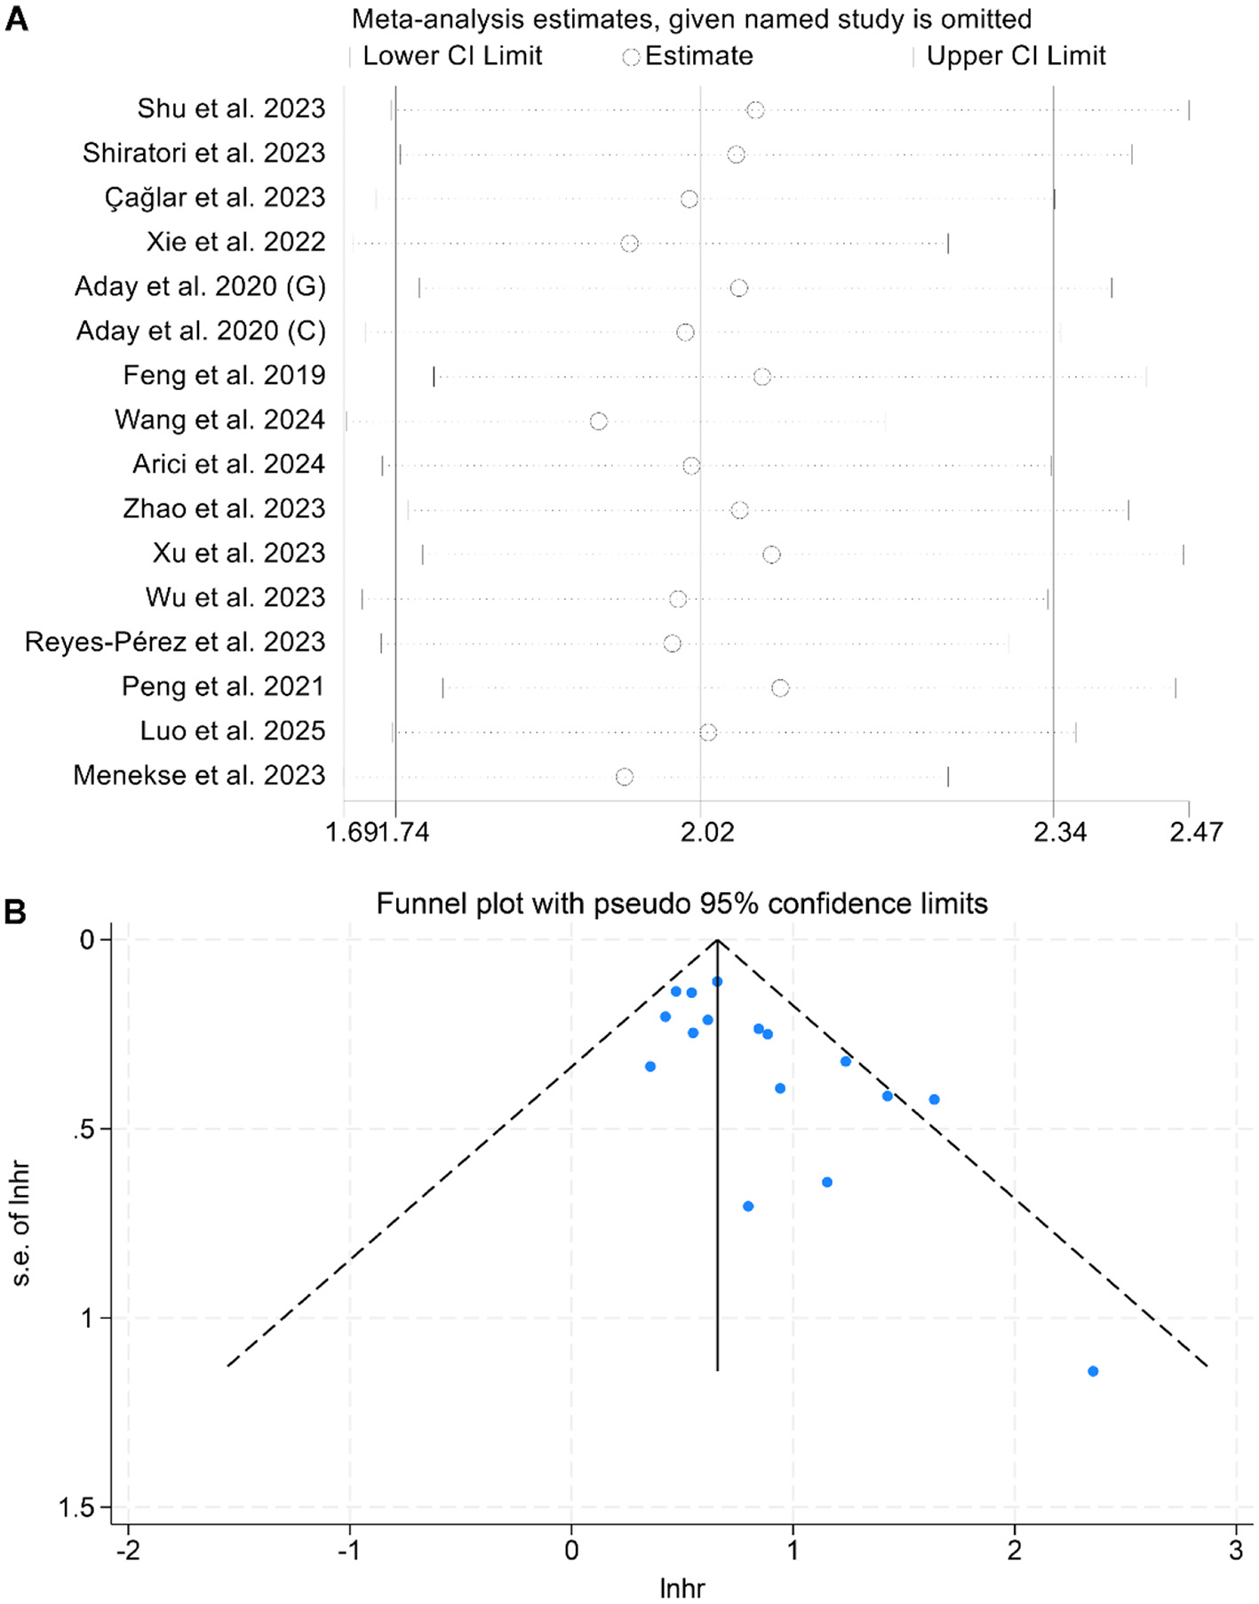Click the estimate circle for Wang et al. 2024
(x=599, y=421)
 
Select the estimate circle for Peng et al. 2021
(x=780, y=688)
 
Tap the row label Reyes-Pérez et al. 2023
(x=175, y=642)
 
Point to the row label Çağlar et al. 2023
(x=215, y=197)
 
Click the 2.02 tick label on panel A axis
(x=707, y=833)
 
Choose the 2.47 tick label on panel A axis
(x=1196, y=833)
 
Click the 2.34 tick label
(x=1060, y=833)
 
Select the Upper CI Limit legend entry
(x=1016, y=56)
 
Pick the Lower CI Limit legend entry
(x=451, y=56)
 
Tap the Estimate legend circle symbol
(x=631, y=57)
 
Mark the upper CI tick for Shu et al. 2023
(x=1189, y=110)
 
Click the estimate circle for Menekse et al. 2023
(x=625, y=777)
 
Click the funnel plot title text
(x=681, y=904)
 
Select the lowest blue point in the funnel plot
(x=1093, y=1371)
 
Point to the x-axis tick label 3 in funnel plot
(x=1236, y=1551)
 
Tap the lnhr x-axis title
(x=681, y=1589)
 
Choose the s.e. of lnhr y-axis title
(x=21, y=1224)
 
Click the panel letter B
(x=15, y=912)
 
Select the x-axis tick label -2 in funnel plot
(x=128, y=1551)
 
